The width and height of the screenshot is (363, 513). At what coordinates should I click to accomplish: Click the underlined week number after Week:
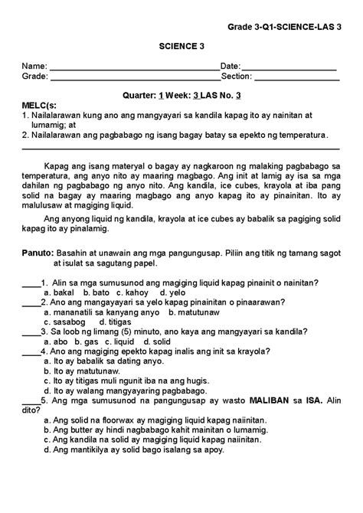click(x=196, y=95)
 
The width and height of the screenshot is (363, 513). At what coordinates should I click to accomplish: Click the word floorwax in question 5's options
click(x=115, y=420)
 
